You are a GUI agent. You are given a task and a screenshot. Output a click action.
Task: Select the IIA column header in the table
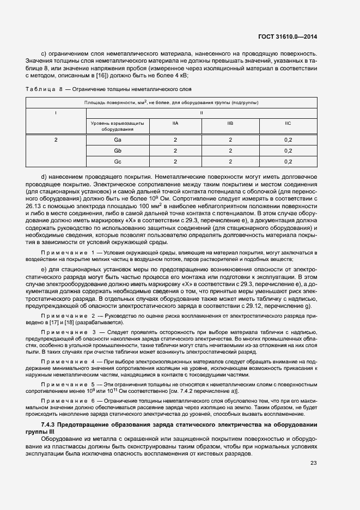[175, 124]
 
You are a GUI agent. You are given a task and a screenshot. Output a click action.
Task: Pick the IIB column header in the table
[230, 124]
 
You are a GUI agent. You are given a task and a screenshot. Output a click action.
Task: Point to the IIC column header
[288, 124]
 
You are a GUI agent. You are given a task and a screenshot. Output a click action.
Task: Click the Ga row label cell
[117, 140]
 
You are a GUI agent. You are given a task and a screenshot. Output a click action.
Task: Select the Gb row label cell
[117, 150]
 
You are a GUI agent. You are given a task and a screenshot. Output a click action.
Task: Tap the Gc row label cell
[117, 161]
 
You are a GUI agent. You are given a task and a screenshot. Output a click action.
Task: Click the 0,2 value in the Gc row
[288, 161]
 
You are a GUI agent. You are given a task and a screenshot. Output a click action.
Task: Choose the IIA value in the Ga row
[175, 140]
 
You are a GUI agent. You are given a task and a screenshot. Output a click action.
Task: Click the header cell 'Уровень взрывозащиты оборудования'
[117, 126]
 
